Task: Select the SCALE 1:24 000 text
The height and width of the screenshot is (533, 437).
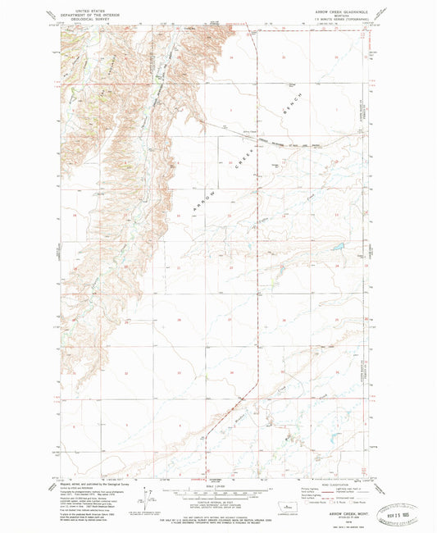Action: tap(218, 485)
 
